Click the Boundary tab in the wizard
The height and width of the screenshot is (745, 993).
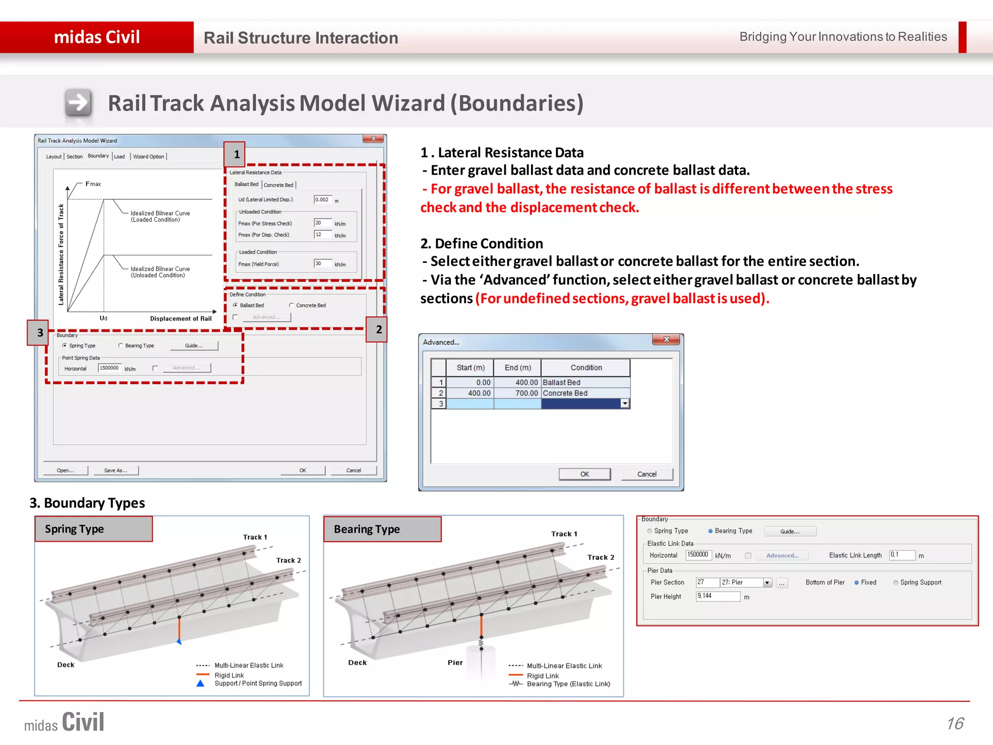click(x=98, y=156)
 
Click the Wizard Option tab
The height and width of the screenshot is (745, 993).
click(x=148, y=157)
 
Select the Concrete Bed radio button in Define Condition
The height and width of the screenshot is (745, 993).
click(x=291, y=305)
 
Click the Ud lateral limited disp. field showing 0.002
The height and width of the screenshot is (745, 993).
click(x=322, y=199)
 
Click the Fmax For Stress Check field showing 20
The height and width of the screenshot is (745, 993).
click(x=322, y=223)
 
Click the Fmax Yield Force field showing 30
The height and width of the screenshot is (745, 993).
click(x=322, y=264)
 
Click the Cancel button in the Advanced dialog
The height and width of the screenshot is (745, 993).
click(x=646, y=474)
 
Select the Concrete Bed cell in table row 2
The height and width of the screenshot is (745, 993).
click(x=585, y=393)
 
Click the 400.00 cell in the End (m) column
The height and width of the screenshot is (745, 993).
click(x=517, y=382)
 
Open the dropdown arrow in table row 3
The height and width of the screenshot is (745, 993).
click(x=625, y=404)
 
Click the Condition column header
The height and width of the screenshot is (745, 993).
click(x=586, y=368)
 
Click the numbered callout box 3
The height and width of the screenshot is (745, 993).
click(x=40, y=332)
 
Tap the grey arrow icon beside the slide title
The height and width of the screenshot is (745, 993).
click(x=78, y=102)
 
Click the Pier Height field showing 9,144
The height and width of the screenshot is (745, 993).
click(x=718, y=596)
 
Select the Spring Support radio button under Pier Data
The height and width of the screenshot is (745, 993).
click(x=896, y=583)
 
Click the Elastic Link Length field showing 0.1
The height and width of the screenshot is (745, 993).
click(x=901, y=555)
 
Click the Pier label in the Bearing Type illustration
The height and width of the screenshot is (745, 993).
click(x=455, y=663)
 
